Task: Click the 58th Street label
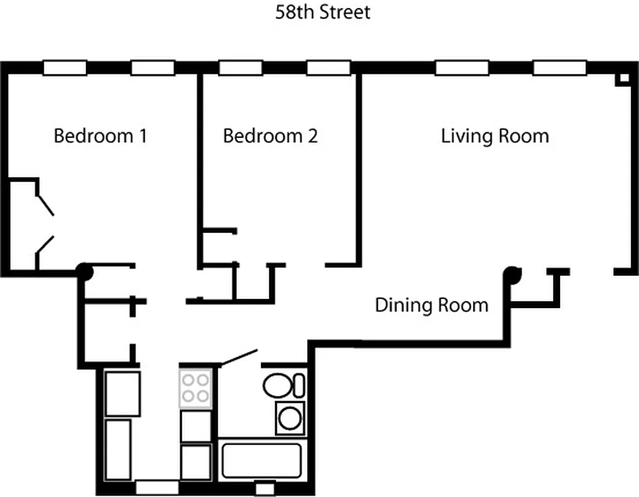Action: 323,12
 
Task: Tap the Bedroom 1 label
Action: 100,135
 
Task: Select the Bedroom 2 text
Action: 270,135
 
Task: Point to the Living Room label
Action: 495,135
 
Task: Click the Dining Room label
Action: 431,305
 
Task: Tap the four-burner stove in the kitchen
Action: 196,388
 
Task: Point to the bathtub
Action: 261,460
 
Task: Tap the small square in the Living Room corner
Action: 622,79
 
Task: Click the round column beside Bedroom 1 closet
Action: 84,271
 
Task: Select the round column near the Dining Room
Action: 512,273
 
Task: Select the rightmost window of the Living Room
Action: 559,68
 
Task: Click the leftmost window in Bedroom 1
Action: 65,68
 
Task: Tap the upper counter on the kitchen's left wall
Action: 122,393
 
